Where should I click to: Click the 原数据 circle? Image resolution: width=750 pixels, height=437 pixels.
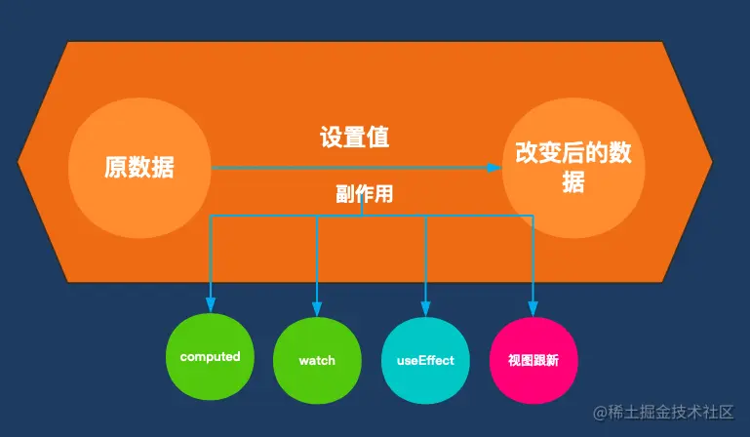pyautogui.click(x=139, y=167)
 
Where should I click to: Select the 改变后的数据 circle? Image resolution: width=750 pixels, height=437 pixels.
pyautogui.click(x=574, y=167)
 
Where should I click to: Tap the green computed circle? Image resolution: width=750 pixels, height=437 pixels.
pyautogui.click(x=210, y=358)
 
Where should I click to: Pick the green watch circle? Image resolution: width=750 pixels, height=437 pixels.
pyautogui.click(x=317, y=361)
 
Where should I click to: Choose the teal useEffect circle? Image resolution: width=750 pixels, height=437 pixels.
pyautogui.click(x=425, y=361)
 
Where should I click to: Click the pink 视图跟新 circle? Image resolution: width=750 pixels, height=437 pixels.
pyautogui.click(x=533, y=361)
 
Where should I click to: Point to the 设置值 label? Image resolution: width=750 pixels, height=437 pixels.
pyautogui.click(x=355, y=138)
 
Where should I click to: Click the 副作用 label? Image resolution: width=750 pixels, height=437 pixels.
pyautogui.click(x=363, y=194)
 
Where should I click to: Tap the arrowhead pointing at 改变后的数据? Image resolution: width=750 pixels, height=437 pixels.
pyautogui.click(x=493, y=167)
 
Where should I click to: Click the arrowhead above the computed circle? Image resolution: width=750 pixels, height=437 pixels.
pyautogui.click(x=211, y=302)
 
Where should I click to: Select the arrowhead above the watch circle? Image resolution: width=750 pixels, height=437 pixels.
pyautogui.click(x=317, y=302)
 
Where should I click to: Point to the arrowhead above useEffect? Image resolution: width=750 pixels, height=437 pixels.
pyautogui.click(x=425, y=302)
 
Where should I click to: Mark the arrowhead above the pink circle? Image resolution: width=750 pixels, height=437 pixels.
pyautogui.click(x=533, y=302)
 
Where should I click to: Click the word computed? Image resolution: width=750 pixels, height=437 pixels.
pyautogui.click(x=210, y=357)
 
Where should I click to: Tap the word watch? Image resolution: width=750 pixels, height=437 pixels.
pyautogui.click(x=317, y=361)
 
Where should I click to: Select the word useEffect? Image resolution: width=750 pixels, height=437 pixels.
pyautogui.click(x=425, y=361)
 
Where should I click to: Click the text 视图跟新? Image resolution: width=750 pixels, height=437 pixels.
pyautogui.click(x=533, y=361)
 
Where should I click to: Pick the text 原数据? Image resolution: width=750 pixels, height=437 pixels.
pyautogui.click(x=139, y=167)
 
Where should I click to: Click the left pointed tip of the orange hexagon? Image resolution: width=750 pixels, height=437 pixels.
pyautogui.click(x=20, y=162)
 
